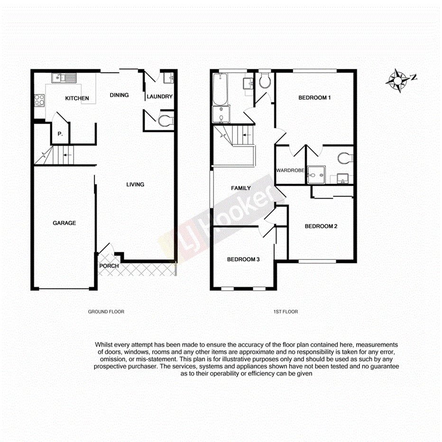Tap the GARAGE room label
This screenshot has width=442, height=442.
[x=64, y=223]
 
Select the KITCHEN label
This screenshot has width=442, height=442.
[x=77, y=99]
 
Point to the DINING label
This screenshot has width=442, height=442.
[x=119, y=95]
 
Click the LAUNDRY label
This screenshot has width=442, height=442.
[x=159, y=97]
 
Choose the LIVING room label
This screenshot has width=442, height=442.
[x=135, y=184]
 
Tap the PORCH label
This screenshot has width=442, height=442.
[x=109, y=266]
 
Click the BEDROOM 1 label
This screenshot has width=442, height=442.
[x=314, y=98]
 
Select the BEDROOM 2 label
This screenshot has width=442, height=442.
[x=321, y=226]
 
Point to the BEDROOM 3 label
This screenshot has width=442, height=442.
[x=243, y=259]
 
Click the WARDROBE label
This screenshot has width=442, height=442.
[x=290, y=170]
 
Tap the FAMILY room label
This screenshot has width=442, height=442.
[x=241, y=188]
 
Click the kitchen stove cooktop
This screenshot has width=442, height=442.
[x=39, y=100]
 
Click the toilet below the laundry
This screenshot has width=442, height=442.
[x=165, y=121]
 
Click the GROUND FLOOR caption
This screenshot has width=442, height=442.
[x=106, y=312]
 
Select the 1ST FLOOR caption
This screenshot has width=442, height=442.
[x=285, y=312]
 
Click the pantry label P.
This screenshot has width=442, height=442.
[x=60, y=134]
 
